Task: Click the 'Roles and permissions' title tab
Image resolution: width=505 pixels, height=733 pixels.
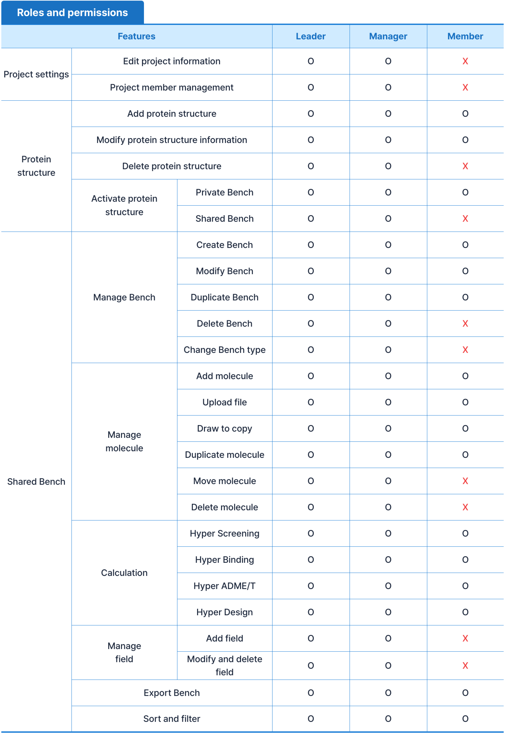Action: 72,13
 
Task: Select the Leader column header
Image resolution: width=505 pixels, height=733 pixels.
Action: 311,36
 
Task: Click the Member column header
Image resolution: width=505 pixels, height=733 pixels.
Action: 465,36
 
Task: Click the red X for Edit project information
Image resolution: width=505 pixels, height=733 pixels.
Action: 465,61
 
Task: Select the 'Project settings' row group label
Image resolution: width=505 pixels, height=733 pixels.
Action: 36,74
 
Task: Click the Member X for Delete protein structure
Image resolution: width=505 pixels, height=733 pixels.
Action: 465,166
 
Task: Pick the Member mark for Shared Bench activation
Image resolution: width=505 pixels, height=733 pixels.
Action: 465,219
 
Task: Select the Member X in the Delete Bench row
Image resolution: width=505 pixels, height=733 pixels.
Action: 465,324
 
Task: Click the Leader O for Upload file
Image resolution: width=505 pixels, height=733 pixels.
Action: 311,402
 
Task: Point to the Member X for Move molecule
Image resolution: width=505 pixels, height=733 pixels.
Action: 465,481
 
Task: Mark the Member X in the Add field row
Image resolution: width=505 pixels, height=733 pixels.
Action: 465,638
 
